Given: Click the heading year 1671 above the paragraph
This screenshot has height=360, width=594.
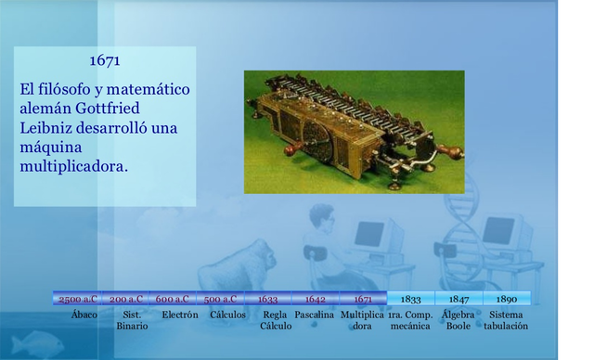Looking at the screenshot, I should tap(104, 61).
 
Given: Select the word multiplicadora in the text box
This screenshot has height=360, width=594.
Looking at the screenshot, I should tap(73, 166).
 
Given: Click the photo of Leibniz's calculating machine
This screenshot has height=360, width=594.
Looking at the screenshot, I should tap(353, 131).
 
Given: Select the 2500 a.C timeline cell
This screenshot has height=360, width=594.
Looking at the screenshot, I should tap(77, 299).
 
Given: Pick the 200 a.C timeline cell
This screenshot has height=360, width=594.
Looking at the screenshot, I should tap(126, 299).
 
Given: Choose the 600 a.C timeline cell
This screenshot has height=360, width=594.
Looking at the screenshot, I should tap(173, 299).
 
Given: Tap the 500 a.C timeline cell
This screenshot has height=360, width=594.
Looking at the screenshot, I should tap(220, 299).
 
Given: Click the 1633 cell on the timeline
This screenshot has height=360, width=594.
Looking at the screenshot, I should tap(267, 299).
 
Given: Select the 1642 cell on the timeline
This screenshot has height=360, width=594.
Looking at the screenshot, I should tap(316, 299).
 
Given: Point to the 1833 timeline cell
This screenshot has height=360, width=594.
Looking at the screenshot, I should tap(410, 299).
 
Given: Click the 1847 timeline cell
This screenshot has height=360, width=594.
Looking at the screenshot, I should tap(458, 299).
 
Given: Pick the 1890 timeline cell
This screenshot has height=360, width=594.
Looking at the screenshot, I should tap(507, 299).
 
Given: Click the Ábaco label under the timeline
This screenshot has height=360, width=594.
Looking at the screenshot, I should tap(84, 315).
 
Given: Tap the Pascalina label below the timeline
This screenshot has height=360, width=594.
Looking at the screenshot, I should tap(315, 315).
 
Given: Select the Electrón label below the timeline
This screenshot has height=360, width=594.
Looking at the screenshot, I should tap(179, 315).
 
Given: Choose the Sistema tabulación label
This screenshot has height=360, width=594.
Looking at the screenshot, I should tap(506, 320).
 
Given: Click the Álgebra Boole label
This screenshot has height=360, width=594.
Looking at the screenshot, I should tap(458, 320).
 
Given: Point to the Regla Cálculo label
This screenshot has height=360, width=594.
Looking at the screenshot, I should tap(276, 320).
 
